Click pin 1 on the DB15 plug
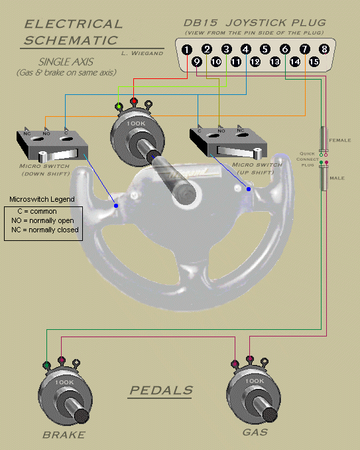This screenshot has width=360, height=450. tap(188, 49)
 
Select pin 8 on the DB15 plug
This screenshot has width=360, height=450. tap(324, 49)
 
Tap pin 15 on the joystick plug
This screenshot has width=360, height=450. tap(314, 62)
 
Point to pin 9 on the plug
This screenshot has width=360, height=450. tap(197, 62)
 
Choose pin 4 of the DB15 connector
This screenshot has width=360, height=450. tap(246, 49)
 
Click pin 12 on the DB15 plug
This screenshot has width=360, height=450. tap(255, 62)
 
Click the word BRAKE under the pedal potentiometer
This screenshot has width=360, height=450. tap(64, 435)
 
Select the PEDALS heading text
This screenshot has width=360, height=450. tap(161, 390)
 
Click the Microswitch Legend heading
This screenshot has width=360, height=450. tap(42, 199)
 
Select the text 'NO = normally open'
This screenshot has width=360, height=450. tap(43, 220)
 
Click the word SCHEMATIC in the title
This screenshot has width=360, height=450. tap(70, 40)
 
